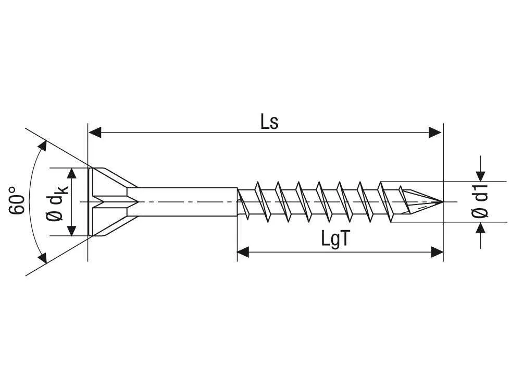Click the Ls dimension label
270,122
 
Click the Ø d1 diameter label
480,201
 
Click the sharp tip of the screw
441,202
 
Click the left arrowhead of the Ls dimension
94,133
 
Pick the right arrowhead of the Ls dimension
435,133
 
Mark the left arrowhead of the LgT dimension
243,253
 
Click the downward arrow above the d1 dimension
480,176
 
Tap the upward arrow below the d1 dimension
480,228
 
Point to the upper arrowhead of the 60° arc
42,145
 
